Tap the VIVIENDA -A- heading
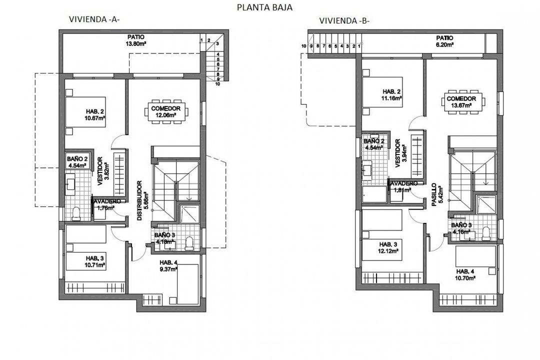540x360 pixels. [94, 19]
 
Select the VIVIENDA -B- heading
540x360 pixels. [344, 20]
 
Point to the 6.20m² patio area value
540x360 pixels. [444, 44]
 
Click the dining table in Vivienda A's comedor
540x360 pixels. [167, 110]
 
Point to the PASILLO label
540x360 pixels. [433, 195]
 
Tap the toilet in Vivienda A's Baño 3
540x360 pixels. [189, 243]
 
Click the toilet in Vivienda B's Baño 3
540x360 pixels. [485, 233]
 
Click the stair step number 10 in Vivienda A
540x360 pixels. [217, 84]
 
